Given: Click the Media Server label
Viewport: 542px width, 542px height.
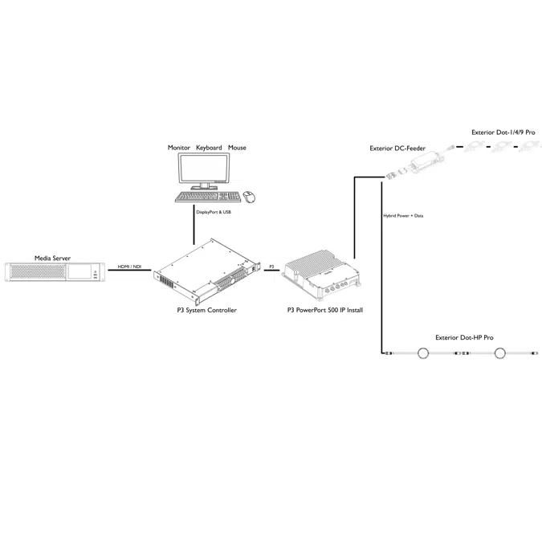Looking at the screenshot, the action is tap(52, 259).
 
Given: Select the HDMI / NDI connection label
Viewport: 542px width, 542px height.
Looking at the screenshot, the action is tap(129, 267).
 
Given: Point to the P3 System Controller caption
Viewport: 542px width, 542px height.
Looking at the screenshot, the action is tap(206, 310).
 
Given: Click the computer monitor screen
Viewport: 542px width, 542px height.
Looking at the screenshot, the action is tap(204, 168).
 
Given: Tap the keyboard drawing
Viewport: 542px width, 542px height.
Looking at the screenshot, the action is tap(208, 197).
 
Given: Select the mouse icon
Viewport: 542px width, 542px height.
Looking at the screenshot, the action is tap(249, 197).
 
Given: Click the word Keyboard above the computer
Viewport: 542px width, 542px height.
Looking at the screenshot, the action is tap(209, 148).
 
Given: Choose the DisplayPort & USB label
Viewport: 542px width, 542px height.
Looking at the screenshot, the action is tap(214, 212).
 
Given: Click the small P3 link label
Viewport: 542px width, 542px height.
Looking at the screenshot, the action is tap(271, 267).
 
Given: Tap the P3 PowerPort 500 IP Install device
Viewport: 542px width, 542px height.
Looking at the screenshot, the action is tap(321, 275).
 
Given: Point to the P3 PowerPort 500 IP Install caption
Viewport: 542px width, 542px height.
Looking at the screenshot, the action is tap(325, 310).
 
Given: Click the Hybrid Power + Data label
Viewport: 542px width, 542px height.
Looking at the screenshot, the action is tap(403, 216).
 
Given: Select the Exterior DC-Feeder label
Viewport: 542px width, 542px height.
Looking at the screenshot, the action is tap(397, 149).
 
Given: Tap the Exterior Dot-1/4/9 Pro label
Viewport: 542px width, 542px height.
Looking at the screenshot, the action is tap(503, 132).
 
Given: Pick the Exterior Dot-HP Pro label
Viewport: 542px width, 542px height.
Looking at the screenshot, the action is tap(464, 337).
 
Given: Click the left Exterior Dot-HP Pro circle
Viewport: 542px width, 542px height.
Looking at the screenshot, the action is tap(423, 353).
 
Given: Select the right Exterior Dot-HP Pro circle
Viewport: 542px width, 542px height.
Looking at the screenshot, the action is tap(499, 353).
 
